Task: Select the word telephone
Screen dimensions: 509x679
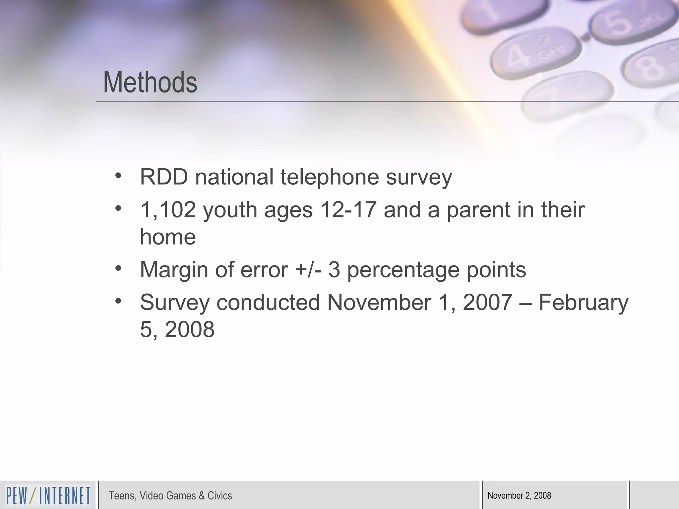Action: tap(330, 177)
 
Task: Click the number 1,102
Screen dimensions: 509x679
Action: tap(168, 210)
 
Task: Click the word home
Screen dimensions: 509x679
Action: tap(168, 237)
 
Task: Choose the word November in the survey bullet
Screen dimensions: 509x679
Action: tap(379, 302)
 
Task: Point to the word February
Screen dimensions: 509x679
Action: tap(584, 303)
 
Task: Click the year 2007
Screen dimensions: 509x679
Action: tap(488, 302)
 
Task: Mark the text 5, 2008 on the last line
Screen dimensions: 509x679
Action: tap(177, 329)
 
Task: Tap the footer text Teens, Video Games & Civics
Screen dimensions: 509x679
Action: tap(170, 496)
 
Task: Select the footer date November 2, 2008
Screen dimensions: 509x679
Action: tap(519, 496)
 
